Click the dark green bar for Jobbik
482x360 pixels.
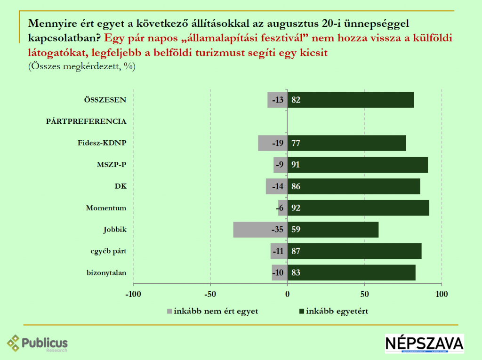pyautogui.click(x=333, y=230)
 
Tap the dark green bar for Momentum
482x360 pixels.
pyautogui.click(x=358, y=208)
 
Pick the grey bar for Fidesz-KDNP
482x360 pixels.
pyautogui.click(x=273, y=143)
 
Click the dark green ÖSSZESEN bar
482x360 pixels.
pyautogui.click(x=351, y=100)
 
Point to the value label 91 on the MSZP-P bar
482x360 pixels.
pyautogui.click(x=296, y=165)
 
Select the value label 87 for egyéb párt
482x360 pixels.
pyautogui.click(x=296, y=251)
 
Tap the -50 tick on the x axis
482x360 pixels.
pyautogui.click(x=210, y=295)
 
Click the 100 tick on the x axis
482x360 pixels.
pyautogui.click(x=442, y=295)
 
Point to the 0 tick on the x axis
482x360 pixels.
pyautogui.click(x=287, y=295)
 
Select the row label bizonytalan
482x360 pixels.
pyautogui.click(x=106, y=272)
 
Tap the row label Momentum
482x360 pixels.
pyautogui.click(x=106, y=208)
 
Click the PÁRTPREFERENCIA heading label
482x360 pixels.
pyautogui.click(x=86, y=121)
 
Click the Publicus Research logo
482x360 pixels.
pyautogui.click(x=38, y=344)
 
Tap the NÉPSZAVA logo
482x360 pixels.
pyautogui.click(x=424, y=344)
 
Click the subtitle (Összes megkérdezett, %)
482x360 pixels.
pyautogui.click(x=82, y=66)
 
